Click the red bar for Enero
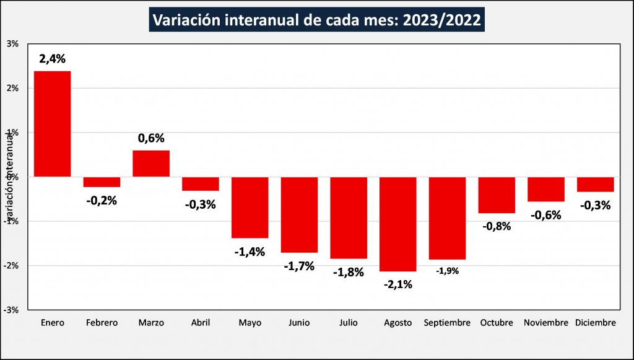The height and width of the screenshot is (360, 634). tap(52, 124)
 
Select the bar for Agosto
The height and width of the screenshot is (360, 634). tap(397, 224)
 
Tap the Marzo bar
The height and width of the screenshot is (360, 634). tap(151, 164)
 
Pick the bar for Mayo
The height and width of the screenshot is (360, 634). tap(250, 207)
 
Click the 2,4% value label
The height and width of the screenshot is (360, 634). tap(52, 59)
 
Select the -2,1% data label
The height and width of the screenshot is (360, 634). tap(397, 284)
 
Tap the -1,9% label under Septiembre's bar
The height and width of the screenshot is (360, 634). tap(447, 271)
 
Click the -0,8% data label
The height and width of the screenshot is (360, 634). tap(497, 226)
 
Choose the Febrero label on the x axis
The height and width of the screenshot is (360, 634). tap(102, 323)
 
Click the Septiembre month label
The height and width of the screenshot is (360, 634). tap(447, 323)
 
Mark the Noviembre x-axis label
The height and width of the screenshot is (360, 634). tap(545, 323)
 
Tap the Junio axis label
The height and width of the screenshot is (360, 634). tap(299, 323)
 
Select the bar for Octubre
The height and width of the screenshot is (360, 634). tap(497, 195)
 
